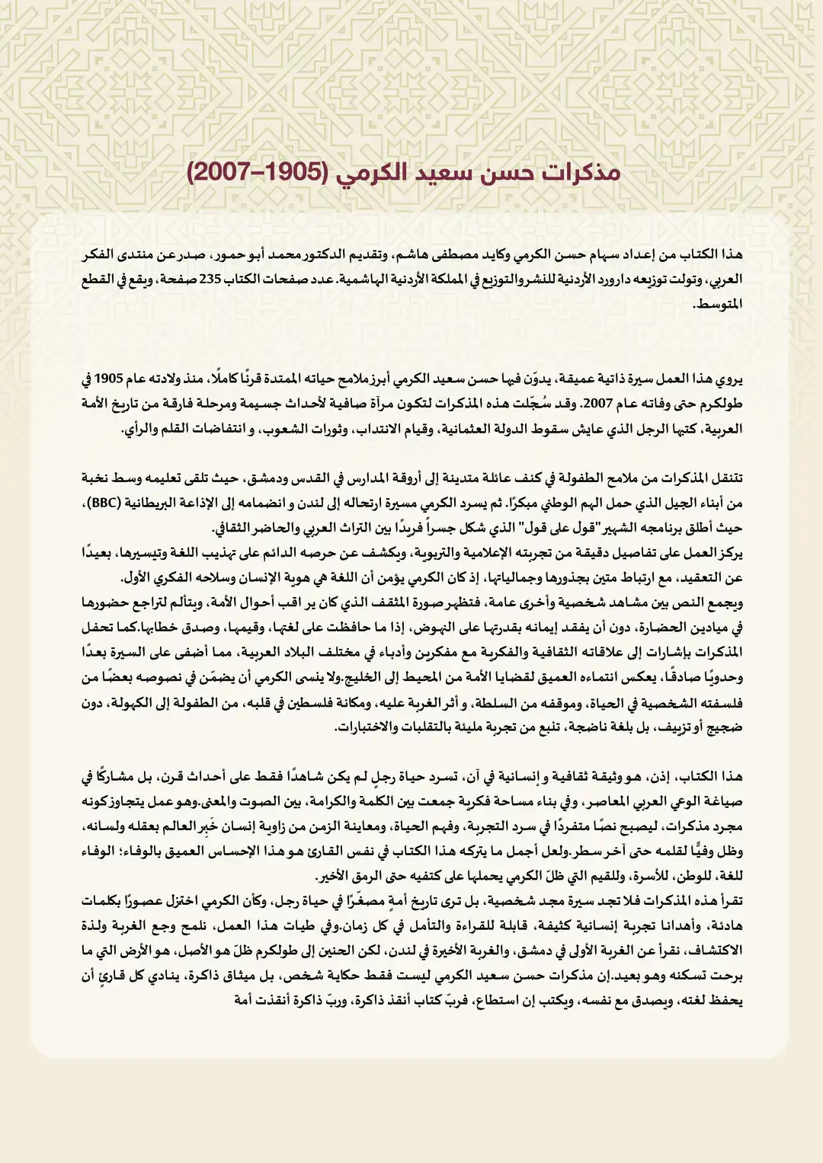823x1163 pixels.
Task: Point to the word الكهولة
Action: pos(130,702)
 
